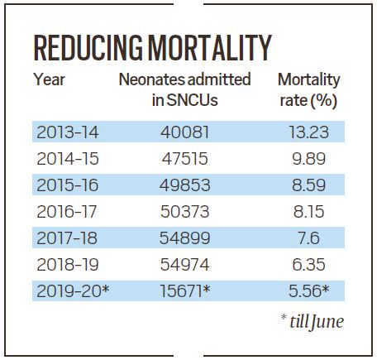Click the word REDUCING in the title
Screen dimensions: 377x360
[x=88, y=48]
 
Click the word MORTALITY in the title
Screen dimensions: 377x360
[x=210, y=48]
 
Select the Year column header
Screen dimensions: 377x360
[x=49, y=79]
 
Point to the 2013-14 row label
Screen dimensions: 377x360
[x=68, y=132]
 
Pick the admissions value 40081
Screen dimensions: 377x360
[x=185, y=132]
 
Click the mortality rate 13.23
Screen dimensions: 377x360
[x=308, y=132]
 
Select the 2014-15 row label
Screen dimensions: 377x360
[x=68, y=159]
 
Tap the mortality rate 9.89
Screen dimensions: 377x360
[x=309, y=159]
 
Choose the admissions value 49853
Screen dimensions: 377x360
[x=185, y=185]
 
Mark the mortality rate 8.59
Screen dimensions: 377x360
[x=309, y=185]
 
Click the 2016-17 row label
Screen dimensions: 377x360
[x=67, y=212]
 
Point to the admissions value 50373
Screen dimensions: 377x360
[x=185, y=212]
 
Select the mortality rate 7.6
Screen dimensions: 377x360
[x=308, y=238]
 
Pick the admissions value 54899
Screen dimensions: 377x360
[x=185, y=238]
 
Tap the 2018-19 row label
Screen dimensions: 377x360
[x=68, y=265]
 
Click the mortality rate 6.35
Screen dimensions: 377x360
[x=309, y=265]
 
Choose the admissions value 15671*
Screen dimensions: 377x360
[x=185, y=290]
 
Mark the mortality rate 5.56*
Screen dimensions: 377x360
[x=309, y=290]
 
